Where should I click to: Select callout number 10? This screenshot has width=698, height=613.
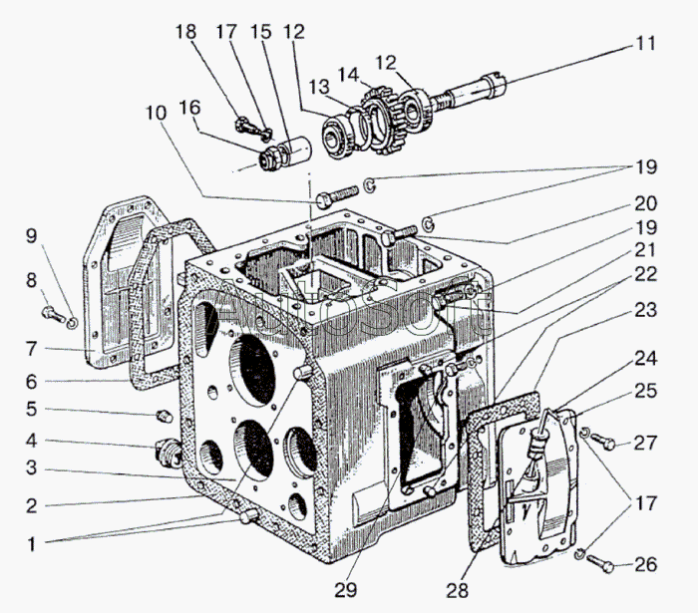pos(156,113)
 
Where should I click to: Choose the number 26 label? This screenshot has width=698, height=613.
pos(646,565)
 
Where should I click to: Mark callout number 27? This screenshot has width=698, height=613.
pos(646,442)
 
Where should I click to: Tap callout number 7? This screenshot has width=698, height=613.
pos(31,349)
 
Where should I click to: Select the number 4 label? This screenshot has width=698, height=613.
pos(31,439)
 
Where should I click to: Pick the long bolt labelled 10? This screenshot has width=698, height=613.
pos(337,193)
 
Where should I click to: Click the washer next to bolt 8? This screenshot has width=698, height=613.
pos(72,321)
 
